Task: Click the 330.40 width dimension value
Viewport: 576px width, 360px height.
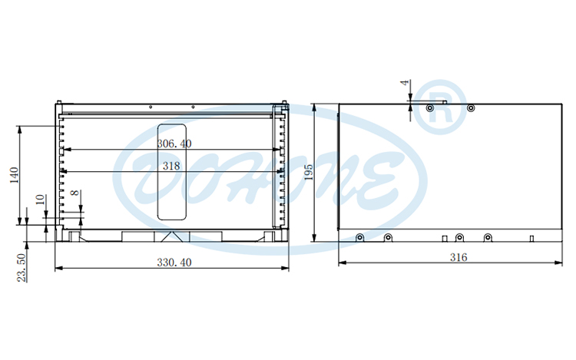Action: coord(174,263)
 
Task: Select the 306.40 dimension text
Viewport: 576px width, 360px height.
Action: coord(174,144)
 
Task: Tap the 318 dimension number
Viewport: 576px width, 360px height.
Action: coord(171,165)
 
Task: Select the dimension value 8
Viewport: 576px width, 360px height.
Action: coord(74,196)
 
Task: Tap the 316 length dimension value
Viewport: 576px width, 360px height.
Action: coord(458,258)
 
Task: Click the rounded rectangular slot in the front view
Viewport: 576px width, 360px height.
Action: coord(172,170)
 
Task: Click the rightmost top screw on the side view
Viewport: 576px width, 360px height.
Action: coord(472,108)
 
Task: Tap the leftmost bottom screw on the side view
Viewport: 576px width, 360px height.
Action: coord(359,237)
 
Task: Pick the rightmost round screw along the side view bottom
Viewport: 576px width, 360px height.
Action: coord(487,237)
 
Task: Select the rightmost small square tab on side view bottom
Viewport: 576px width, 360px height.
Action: coord(531,238)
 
